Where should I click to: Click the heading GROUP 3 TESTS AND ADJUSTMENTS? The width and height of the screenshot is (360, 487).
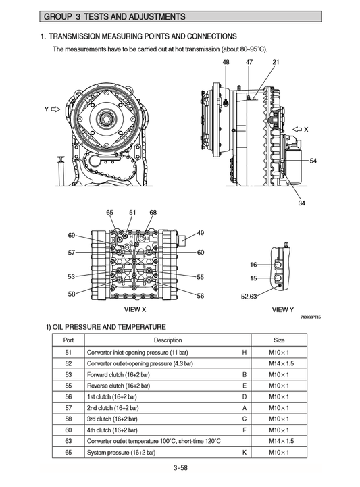click(x=114, y=16)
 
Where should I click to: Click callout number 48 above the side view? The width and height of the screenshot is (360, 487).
click(x=226, y=62)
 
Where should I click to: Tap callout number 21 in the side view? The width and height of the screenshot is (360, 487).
click(x=276, y=62)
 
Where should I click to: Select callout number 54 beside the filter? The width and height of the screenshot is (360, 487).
click(x=313, y=161)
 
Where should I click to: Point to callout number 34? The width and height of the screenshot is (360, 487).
click(x=301, y=203)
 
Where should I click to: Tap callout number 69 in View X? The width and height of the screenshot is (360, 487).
click(x=72, y=235)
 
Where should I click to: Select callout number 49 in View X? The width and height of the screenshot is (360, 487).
click(x=200, y=233)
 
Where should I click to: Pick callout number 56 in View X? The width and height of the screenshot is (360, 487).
click(x=200, y=296)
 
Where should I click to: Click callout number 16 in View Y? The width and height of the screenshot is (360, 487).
click(x=253, y=265)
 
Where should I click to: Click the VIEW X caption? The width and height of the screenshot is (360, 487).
click(x=135, y=309)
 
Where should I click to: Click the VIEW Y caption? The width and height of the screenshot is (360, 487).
click(x=282, y=309)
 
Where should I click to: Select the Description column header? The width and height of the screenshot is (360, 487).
click(x=168, y=340)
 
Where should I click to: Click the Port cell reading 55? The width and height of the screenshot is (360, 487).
click(x=68, y=385)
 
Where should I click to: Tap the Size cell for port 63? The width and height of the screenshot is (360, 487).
click(x=279, y=440)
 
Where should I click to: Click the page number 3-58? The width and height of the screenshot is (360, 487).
click(x=180, y=467)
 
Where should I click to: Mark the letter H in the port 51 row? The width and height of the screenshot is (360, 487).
click(x=244, y=352)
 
